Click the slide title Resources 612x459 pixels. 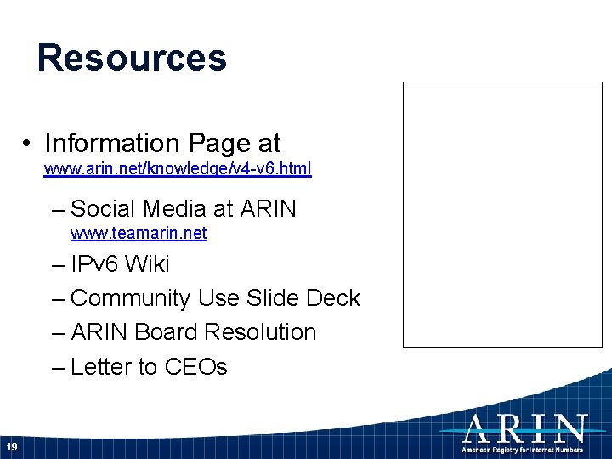click(132, 58)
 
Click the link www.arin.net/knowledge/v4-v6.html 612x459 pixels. click(178, 169)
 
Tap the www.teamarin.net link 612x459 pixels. click(139, 233)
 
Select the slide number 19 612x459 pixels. click(11, 447)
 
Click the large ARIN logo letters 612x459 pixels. click(524, 428)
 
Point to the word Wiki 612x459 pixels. click(147, 264)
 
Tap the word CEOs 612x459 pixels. click(195, 367)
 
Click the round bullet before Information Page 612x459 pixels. click(29, 144)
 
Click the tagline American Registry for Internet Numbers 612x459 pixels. click(523, 448)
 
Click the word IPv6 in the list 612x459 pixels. click(95, 264)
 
